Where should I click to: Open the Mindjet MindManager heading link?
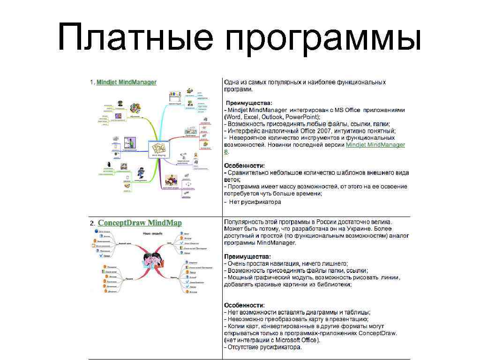pyautogui.click(x=126, y=82)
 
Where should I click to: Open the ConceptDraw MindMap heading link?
pyautogui.click(x=140, y=223)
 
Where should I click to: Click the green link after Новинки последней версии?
pyautogui.click(x=375, y=145)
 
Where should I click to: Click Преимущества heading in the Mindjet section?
pyautogui.click(x=248, y=103)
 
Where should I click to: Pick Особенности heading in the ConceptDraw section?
pyautogui.click(x=244, y=305)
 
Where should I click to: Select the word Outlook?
pyautogui.click(x=271, y=117)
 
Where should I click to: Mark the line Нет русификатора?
pyautogui.click(x=255, y=202)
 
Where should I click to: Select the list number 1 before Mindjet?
pyautogui.click(x=92, y=82)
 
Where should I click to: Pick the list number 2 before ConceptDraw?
pyautogui.click(x=92, y=223)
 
